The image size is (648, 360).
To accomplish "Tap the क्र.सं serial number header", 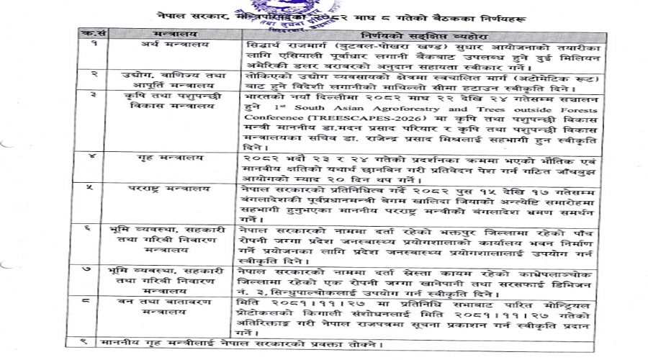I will click(x=93, y=34).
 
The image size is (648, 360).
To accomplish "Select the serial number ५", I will click(x=94, y=189).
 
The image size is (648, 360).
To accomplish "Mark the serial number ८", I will click(x=94, y=295).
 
